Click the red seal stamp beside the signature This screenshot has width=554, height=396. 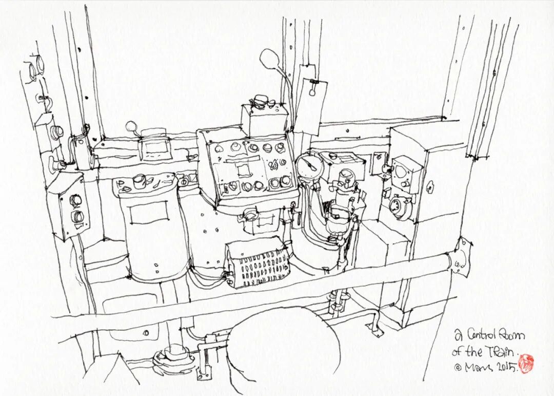click(526, 363)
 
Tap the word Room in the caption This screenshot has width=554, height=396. click(514, 336)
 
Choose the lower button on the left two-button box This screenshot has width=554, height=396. click(77, 216)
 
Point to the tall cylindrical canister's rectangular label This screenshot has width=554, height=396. click(149, 213)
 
